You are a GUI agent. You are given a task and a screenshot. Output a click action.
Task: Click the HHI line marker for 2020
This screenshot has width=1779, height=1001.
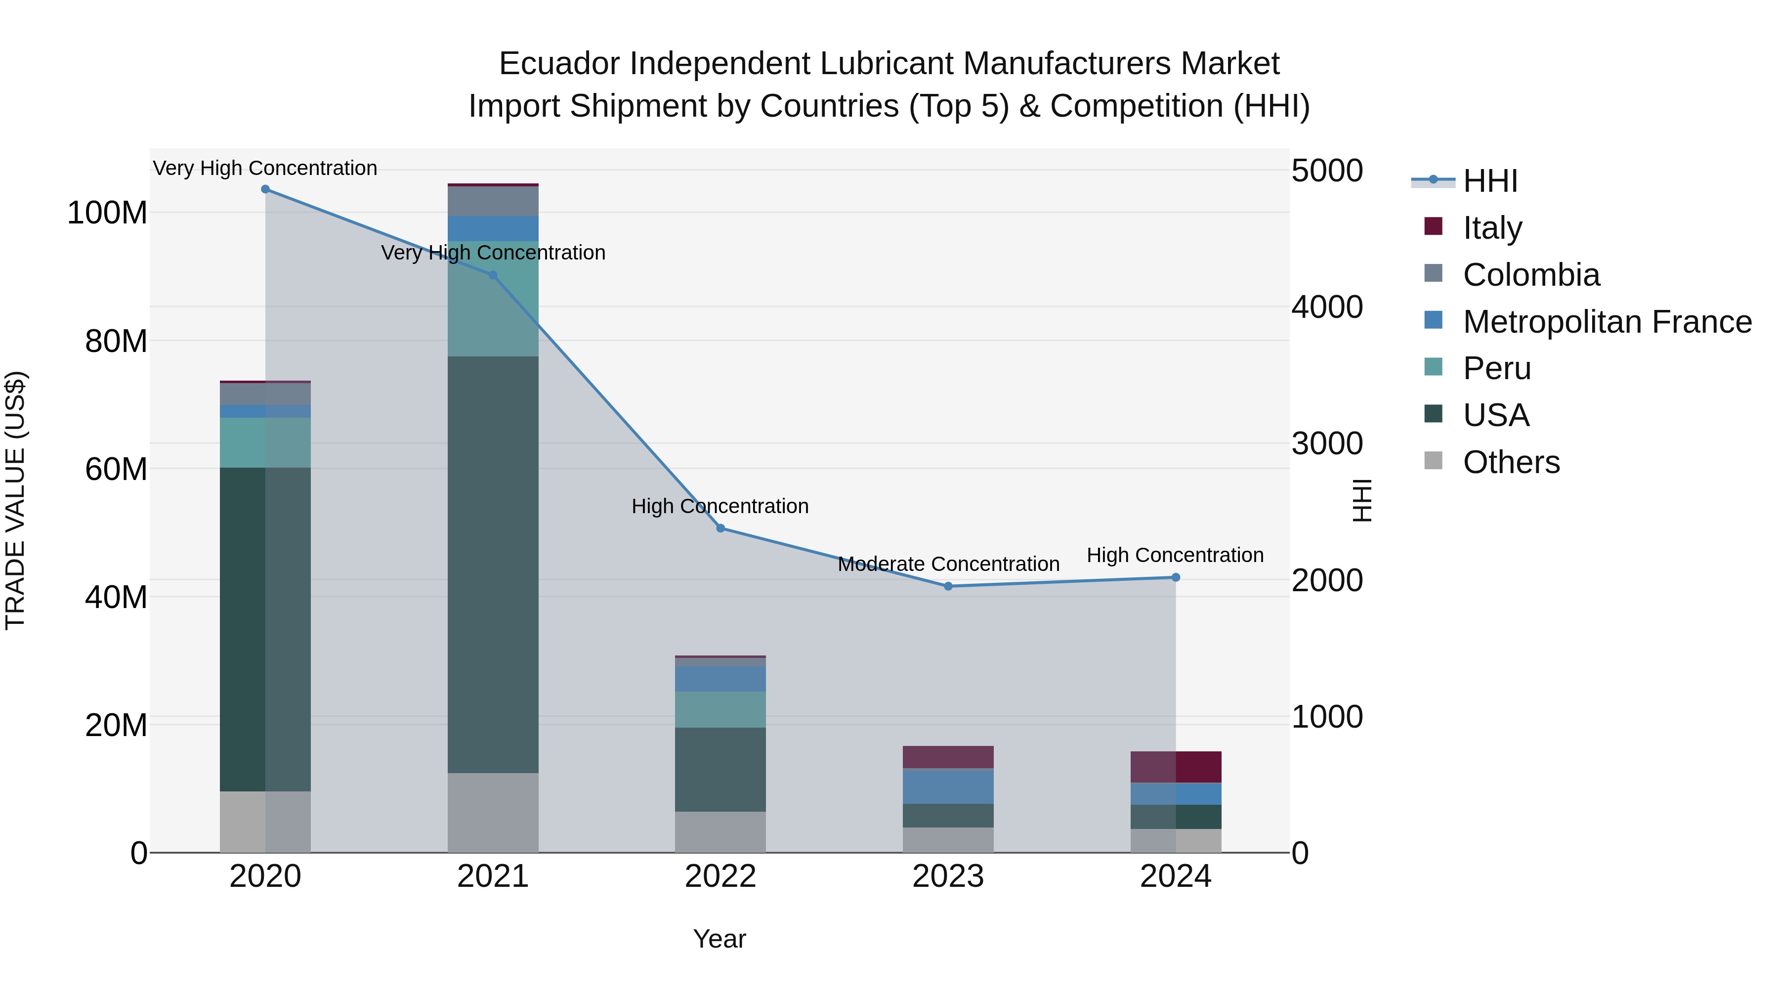(x=265, y=189)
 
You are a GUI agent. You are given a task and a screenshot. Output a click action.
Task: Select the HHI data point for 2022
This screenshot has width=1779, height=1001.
(x=720, y=528)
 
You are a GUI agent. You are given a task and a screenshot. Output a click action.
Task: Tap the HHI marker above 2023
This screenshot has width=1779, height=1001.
(x=948, y=586)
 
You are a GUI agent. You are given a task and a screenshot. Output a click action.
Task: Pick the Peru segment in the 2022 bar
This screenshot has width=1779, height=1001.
(x=720, y=709)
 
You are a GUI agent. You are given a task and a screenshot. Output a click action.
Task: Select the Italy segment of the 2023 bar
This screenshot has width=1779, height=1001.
(x=948, y=757)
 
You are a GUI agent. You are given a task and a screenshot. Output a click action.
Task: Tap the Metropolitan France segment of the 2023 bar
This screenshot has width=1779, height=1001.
(x=948, y=786)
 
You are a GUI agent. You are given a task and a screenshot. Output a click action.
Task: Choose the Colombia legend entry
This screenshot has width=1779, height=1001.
(x=1530, y=275)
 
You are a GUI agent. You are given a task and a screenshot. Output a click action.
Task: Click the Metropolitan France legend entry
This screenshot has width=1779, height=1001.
(x=1607, y=322)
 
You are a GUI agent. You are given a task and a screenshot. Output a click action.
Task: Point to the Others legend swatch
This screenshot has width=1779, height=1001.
(x=1433, y=461)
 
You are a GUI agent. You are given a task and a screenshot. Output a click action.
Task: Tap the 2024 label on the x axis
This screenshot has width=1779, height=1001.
(x=1176, y=876)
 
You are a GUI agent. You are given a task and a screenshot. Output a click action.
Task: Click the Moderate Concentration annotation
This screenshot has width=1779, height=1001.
(x=948, y=565)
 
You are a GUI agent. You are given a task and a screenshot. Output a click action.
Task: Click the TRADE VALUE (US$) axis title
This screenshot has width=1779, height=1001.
(x=15, y=500)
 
